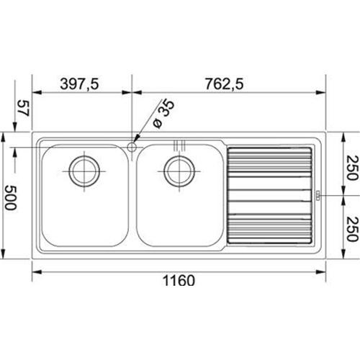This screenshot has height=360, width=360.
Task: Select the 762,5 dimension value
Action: coord(225,84)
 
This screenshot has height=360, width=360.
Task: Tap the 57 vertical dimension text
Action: coord(22,109)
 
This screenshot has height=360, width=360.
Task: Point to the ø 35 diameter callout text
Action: coord(163,116)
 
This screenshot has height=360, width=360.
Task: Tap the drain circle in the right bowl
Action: coord(178,170)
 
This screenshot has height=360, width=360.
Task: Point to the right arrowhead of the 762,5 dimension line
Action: coord(323,93)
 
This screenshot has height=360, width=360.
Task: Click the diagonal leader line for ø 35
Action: coord(148,130)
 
